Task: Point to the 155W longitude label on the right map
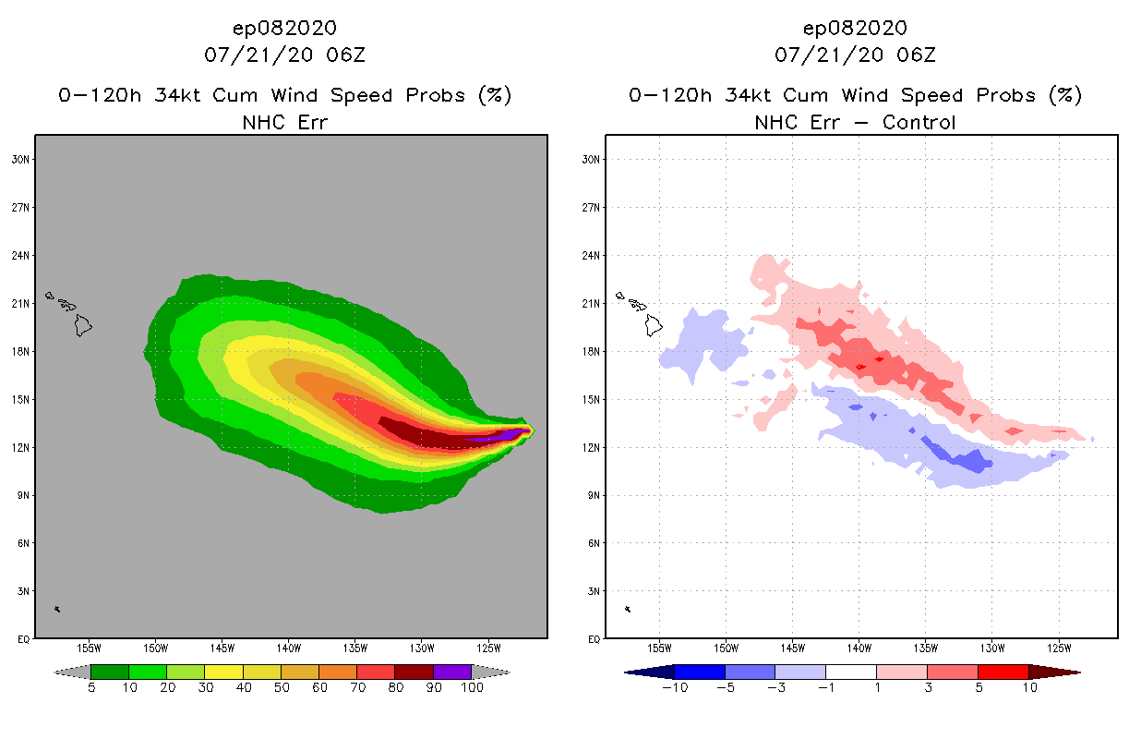659,648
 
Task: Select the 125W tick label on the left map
488,648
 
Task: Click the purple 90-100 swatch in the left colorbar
452,672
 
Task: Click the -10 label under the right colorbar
674,688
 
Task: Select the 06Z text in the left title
347,55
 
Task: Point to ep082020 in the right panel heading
855,28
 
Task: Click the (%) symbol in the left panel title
494,95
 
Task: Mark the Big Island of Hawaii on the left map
83,325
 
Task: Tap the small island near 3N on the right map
628,609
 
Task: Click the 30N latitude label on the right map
592,159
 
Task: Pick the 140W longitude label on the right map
859,648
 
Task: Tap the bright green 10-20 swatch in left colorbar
148,672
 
